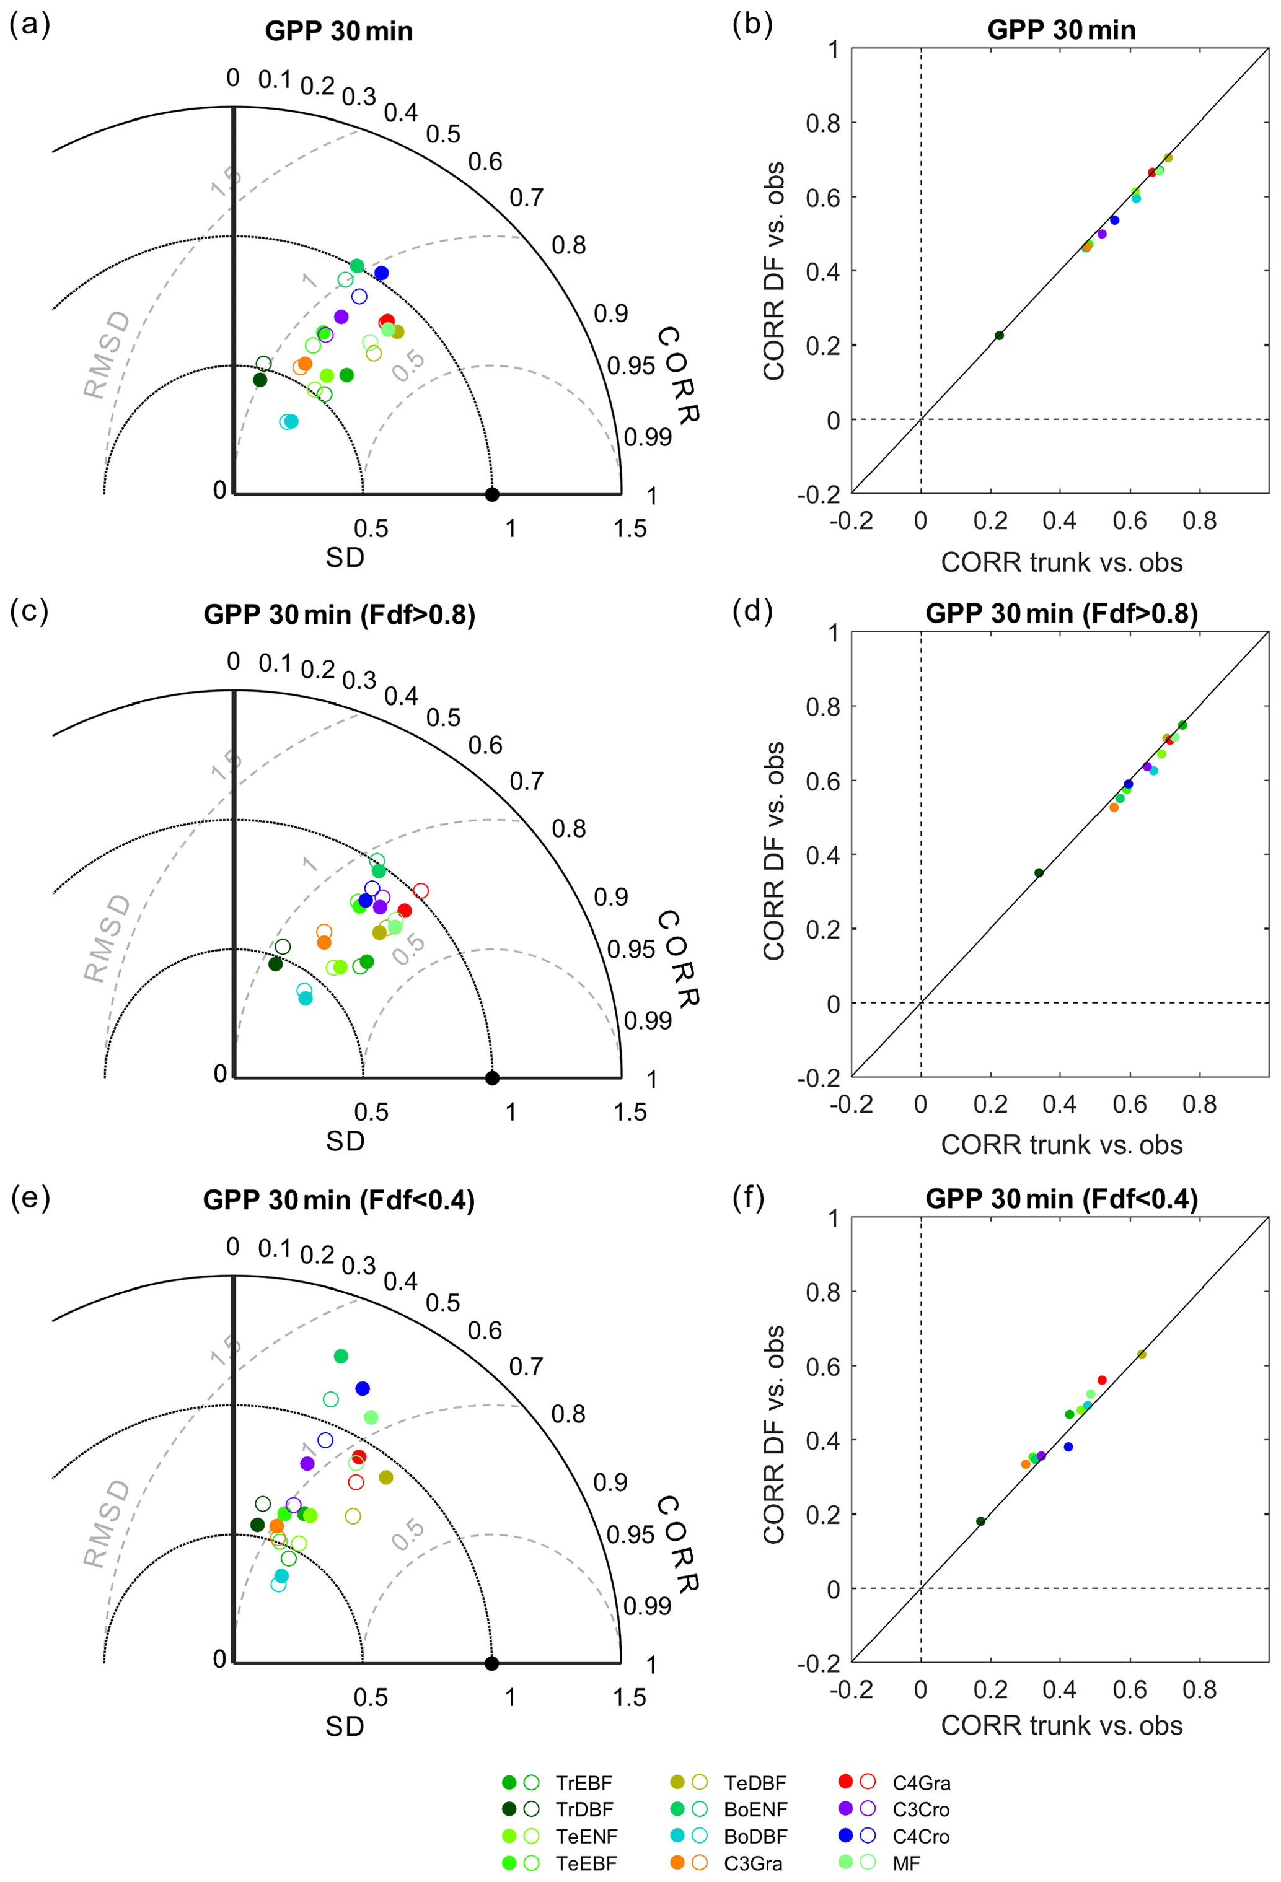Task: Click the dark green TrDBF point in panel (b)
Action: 999,335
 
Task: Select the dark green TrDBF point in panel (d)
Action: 1039,873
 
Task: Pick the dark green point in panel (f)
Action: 980,1521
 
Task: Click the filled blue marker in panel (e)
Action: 362,1389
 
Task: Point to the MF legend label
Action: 906,1863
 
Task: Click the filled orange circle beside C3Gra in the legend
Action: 677,1863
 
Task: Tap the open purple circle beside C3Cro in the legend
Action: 868,1809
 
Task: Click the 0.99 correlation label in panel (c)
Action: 648,1020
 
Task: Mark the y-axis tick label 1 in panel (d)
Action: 833,632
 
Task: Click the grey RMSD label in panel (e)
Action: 106,1523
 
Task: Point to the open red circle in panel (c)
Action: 421,891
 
